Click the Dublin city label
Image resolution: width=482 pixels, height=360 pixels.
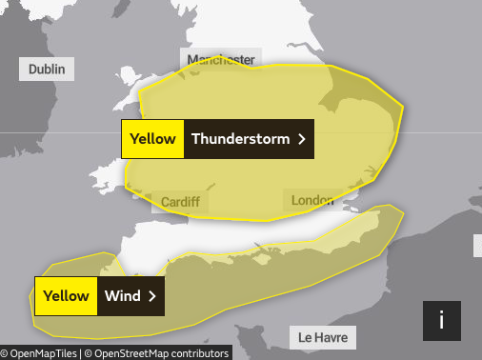[x=48, y=70]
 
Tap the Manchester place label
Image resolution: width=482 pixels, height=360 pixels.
[x=221, y=60]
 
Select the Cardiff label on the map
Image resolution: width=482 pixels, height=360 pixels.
[x=180, y=202]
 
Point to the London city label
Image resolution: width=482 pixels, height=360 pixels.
[x=311, y=200]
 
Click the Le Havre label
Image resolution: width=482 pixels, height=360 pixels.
[x=323, y=338]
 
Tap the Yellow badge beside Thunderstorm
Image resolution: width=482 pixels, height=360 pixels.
[x=152, y=139]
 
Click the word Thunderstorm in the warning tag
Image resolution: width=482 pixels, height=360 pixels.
[x=239, y=139]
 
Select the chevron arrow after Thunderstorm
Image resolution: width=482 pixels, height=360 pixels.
[x=301, y=139]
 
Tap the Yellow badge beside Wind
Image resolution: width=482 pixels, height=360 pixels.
[x=66, y=296]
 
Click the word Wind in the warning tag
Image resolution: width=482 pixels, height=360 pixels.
[x=123, y=296]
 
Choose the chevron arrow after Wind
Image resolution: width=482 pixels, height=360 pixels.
[x=151, y=296]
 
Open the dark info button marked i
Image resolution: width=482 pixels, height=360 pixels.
[x=441, y=321]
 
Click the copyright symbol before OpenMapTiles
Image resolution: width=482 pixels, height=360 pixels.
[x=5, y=353]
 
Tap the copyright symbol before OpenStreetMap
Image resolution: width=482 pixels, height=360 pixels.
[x=89, y=353]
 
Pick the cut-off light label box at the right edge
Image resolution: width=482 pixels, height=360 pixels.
[x=477, y=246]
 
